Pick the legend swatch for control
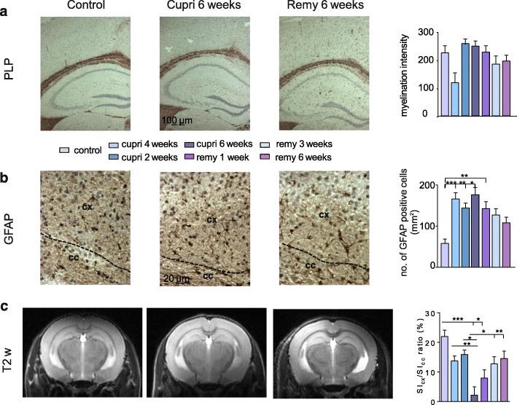coord(65,150)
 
